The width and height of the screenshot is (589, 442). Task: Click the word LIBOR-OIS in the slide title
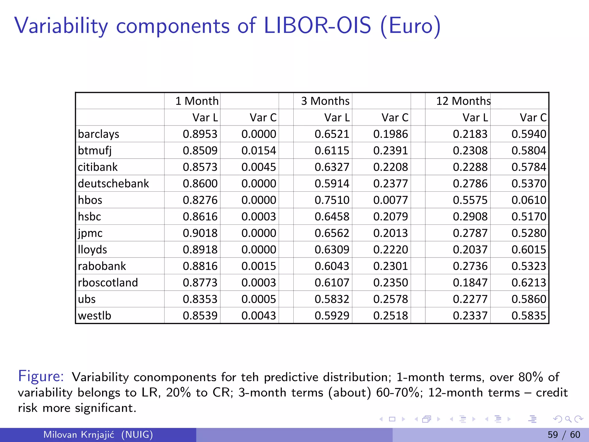pos(317,26)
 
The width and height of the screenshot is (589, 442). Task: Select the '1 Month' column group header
pos(197,101)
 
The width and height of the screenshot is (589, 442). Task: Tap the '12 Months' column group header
pos(463,101)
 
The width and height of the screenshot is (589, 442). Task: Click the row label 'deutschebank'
pos(113,184)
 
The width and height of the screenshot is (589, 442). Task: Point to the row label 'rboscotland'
pos(108,283)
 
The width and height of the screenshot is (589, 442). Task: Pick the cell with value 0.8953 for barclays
pos(200,134)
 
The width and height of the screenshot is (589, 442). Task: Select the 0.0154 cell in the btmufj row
pos(259,150)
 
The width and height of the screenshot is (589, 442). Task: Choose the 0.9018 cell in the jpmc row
pos(200,233)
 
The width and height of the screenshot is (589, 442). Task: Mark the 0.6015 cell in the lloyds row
pos(529,249)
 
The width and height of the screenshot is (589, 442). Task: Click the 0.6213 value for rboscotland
pos(529,283)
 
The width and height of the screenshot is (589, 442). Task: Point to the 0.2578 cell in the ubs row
pos(391,299)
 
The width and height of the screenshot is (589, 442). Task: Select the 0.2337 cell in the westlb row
pos(470,316)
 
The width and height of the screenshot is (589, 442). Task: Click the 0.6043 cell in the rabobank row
pos(332,266)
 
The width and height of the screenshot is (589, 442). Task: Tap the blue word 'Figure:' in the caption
pos(41,376)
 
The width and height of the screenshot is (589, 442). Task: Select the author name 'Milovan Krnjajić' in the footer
pos(79,435)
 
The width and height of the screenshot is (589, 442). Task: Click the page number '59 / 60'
pos(564,435)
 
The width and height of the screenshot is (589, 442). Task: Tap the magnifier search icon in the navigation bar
pos(568,419)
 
